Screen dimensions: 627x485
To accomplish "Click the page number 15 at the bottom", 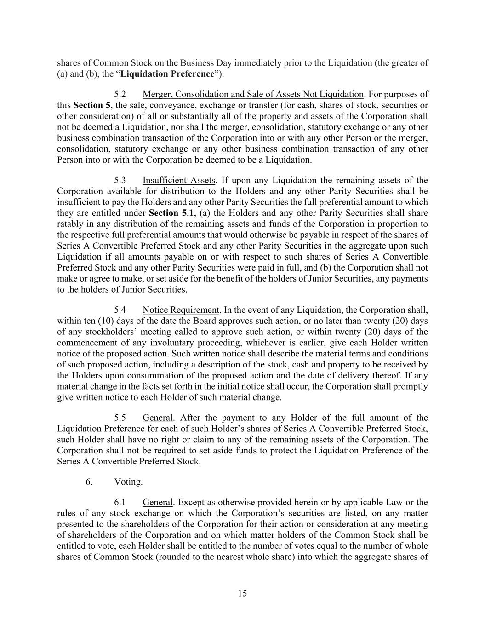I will (242, 593).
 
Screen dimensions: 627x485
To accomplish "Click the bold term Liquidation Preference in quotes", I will (167, 74).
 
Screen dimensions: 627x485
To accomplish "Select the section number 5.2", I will (120, 95).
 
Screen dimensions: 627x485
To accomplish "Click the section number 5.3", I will (120, 181).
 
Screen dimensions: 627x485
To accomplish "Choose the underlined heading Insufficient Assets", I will (178, 181).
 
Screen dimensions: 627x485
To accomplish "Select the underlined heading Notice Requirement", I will (181, 310).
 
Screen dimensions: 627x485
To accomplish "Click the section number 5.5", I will (120, 418).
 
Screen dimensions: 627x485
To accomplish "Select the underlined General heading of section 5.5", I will (157, 418).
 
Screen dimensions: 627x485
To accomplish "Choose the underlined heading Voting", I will (127, 482).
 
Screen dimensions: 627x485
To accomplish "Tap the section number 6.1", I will (120, 503).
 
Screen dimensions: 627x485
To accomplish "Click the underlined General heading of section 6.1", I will (157, 503).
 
